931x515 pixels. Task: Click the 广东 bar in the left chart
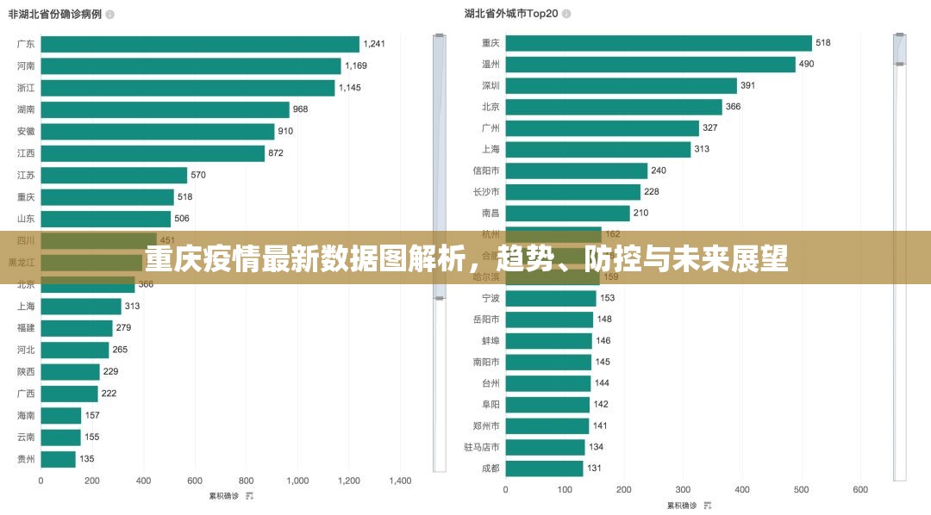[x=200, y=44]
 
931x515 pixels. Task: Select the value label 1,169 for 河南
[x=356, y=65]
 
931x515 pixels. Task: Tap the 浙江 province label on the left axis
[x=26, y=88]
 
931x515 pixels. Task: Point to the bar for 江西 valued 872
[x=153, y=153]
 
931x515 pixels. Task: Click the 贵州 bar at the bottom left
[x=58, y=459]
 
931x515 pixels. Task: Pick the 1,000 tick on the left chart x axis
[x=297, y=481]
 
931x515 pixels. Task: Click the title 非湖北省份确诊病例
[x=55, y=15]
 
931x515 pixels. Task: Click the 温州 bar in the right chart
[x=650, y=65]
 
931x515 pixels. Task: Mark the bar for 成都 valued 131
[x=544, y=468]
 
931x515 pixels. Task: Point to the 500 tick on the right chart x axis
[x=801, y=489]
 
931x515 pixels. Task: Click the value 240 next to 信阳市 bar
[x=659, y=171]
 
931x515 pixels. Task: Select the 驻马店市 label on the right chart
[x=482, y=447]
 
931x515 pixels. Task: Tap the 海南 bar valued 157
[x=60, y=415]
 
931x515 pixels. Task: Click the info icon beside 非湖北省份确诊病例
[x=109, y=15]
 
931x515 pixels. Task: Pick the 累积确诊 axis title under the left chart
[x=225, y=495]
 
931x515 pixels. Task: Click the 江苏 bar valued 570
[x=114, y=175]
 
